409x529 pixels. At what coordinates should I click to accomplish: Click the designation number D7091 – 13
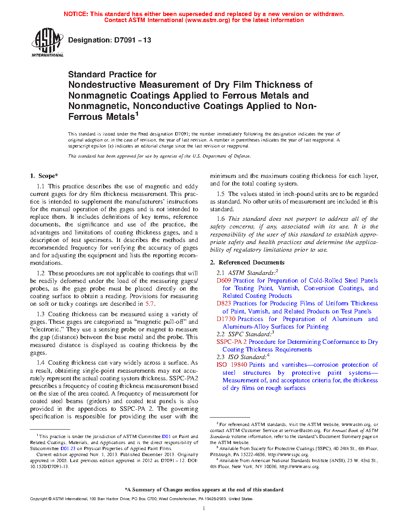point(132,40)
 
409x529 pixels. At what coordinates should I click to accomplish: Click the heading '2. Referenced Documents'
point(247,262)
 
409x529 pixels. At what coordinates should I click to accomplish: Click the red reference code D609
point(224,281)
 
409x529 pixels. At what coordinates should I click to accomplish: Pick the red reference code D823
point(224,303)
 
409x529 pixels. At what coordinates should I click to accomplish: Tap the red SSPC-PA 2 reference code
point(231,342)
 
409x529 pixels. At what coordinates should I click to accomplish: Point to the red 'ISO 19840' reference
point(232,365)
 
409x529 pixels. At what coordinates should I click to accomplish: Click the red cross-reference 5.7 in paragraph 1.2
point(150,304)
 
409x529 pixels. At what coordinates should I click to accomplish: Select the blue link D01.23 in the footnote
point(68,448)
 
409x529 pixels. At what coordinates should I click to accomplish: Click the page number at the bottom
point(204,509)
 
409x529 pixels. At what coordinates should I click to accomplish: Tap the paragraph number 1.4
point(40,363)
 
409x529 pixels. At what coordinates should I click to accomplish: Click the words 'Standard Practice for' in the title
point(112,75)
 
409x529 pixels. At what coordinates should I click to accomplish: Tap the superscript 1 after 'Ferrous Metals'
point(137,114)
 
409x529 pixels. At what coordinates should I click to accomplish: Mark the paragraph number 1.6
point(221,219)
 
